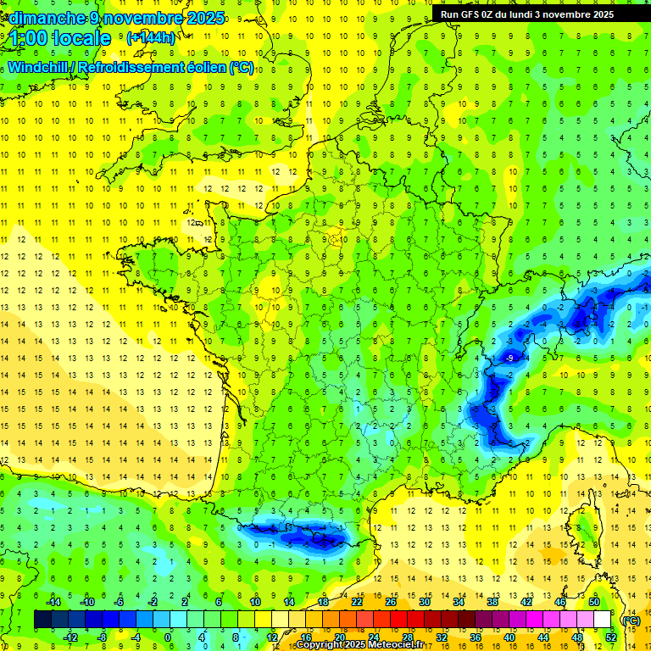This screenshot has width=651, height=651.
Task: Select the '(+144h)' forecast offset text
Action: coord(151,38)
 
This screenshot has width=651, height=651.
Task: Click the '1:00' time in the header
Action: coord(28,39)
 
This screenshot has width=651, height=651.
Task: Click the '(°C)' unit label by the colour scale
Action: coord(631,620)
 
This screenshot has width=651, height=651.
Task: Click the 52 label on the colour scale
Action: coord(611,637)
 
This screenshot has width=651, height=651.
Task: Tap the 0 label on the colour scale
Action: coord(167,637)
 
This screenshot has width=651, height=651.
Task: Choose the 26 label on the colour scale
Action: coord(391,602)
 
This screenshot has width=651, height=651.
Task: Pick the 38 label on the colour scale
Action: coord(492,602)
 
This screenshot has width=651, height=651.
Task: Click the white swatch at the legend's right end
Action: coord(603,620)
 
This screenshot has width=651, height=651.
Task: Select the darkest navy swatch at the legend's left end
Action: coord(42,620)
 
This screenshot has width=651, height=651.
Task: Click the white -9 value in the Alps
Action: coord(509,359)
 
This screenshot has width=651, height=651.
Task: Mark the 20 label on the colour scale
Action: coord(340,637)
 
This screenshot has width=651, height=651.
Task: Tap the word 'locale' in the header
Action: coord(81,39)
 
